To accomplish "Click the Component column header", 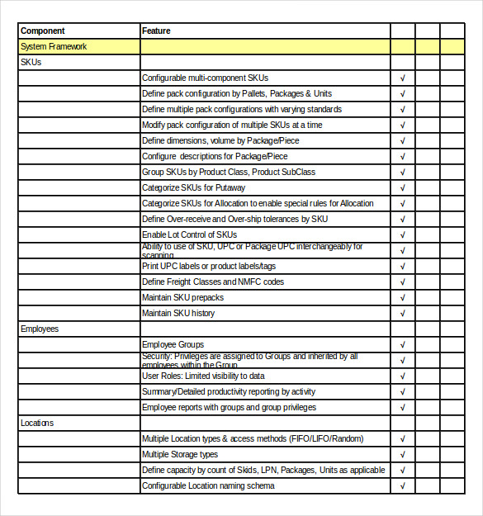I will (x=42, y=31).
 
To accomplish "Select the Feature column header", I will (x=156, y=31).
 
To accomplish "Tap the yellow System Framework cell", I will (x=54, y=47).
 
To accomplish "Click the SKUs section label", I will (x=31, y=63).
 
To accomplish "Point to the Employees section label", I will (x=40, y=329).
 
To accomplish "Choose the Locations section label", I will (x=37, y=423).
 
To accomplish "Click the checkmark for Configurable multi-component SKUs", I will (x=402, y=78).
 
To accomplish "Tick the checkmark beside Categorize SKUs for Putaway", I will (x=402, y=188).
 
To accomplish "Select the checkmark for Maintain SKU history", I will (x=402, y=314).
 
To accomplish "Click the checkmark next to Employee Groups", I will (x=402, y=345).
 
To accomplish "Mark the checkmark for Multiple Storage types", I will (x=402, y=455).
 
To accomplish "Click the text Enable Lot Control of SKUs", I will (x=189, y=235).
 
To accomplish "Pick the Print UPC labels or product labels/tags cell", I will (x=209, y=267).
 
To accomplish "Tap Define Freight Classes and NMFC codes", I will (x=212, y=282).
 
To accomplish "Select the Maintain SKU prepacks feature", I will (x=182, y=298).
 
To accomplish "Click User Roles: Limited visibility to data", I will (x=203, y=376).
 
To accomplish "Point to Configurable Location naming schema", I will (x=208, y=486).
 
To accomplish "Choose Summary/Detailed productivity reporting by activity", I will (x=229, y=392).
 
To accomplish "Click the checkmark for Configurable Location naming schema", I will (x=402, y=486).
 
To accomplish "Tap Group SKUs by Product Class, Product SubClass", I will (x=228, y=173).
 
